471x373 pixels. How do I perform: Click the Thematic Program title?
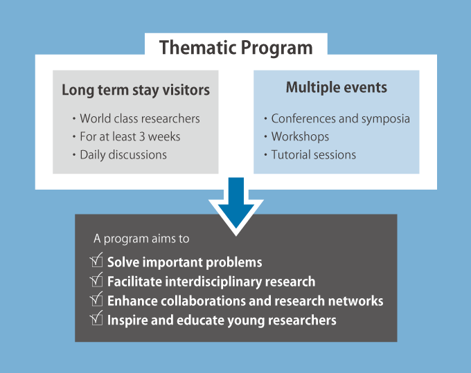pyautogui.click(x=235, y=48)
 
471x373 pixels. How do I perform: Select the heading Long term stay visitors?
pyautogui.click(x=136, y=90)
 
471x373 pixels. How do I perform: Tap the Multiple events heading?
pyautogui.click(x=337, y=87)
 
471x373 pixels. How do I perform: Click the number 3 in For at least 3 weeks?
pyautogui.click(x=142, y=137)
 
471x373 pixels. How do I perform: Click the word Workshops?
pyautogui.click(x=300, y=137)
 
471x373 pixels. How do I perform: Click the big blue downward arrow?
pyautogui.click(x=236, y=204)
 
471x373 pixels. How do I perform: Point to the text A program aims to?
pyautogui.click(x=141, y=239)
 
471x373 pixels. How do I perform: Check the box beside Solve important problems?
pyautogui.click(x=96, y=260)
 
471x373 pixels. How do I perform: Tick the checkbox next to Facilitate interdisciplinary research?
pyautogui.click(x=96, y=280)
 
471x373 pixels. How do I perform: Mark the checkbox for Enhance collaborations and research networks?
pyautogui.click(x=96, y=299)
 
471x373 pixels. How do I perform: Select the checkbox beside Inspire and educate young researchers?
pyautogui.click(x=96, y=318)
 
